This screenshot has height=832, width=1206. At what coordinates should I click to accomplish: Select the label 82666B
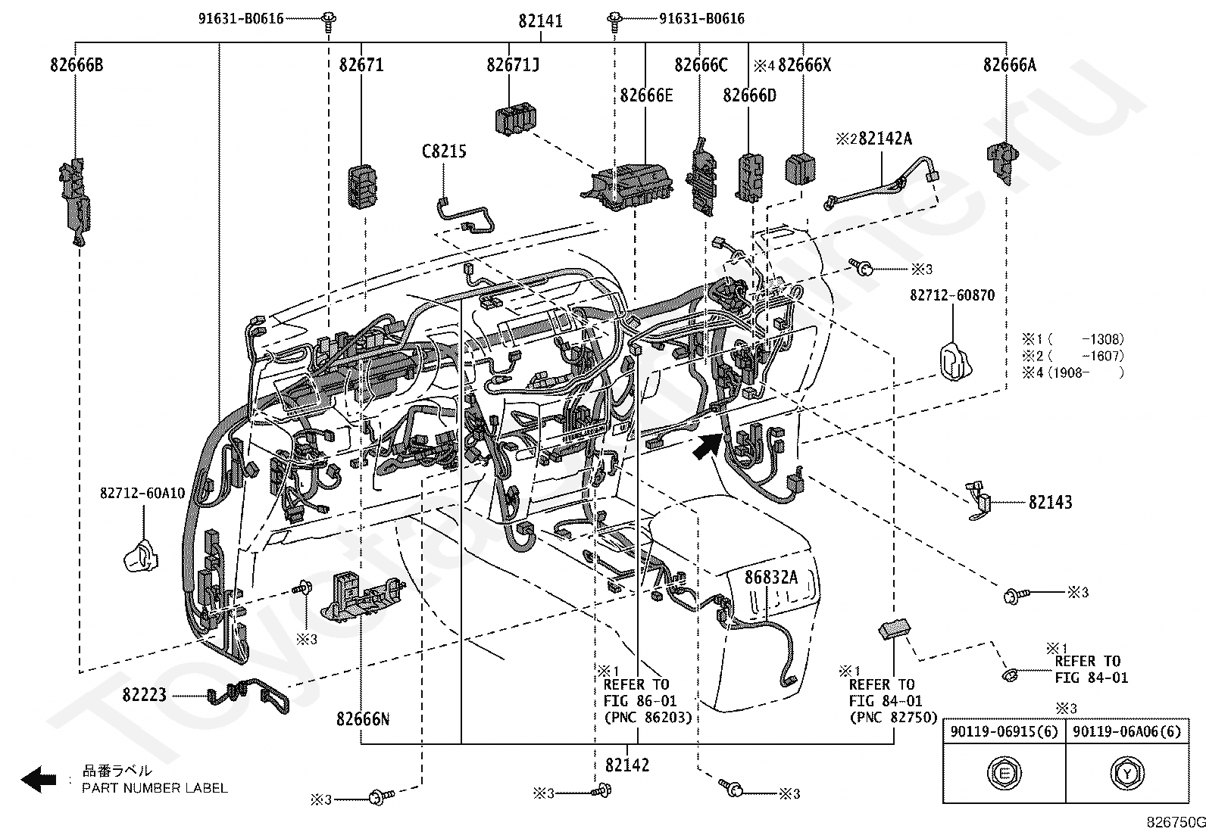pyautogui.click(x=77, y=65)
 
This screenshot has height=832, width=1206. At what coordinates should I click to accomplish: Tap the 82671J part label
pyautogui.click(x=513, y=65)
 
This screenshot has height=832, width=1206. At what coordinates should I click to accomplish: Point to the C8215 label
pyautogui.click(x=444, y=151)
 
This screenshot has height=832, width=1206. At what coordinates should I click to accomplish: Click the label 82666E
pyautogui.click(x=646, y=95)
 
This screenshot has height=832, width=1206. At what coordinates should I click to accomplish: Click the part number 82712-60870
pyautogui.click(x=952, y=295)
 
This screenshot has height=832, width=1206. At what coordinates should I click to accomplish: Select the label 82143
pyautogui.click(x=1050, y=502)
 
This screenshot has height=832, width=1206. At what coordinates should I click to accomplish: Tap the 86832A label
pyautogui.click(x=771, y=578)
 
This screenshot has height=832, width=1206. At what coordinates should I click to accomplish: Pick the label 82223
pyautogui.click(x=144, y=694)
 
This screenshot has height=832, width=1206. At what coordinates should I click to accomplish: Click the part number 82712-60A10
pyautogui.click(x=142, y=494)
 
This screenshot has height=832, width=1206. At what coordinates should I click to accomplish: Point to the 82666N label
pyautogui.click(x=363, y=718)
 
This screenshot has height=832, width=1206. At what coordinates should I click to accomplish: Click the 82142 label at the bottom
pyautogui.click(x=627, y=765)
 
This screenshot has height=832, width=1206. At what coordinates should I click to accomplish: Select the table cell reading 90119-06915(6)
pyautogui.click(x=1004, y=732)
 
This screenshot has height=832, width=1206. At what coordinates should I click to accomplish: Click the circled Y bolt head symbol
pyautogui.click(x=1126, y=774)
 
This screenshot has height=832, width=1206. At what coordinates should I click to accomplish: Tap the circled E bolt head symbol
pyautogui.click(x=1004, y=774)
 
